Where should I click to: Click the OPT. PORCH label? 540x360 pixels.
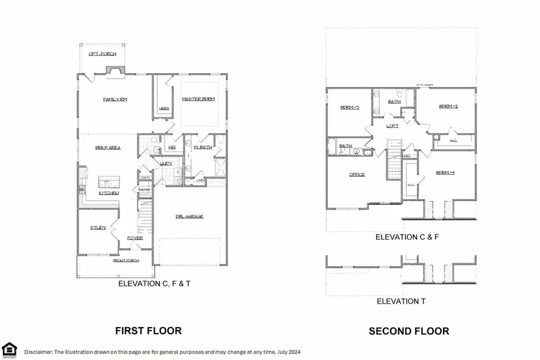(x=102, y=54)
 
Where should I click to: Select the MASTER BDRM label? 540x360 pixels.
(x=198, y=100)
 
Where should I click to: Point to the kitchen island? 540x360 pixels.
(x=109, y=181)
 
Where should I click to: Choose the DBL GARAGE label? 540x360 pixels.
(x=189, y=216)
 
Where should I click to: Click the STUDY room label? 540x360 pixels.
(x=98, y=228)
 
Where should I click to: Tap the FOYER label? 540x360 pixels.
(x=134, y=238)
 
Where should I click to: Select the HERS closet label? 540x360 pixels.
(x=164, y=109)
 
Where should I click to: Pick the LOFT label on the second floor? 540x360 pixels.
(x=392, y=126)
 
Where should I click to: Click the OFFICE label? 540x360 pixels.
(x=358, y=175)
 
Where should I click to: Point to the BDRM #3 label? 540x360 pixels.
(x=350, y=107)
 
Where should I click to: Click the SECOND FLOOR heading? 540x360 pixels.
(x=409, y=331)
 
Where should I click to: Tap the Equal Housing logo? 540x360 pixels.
(x=10, y=349)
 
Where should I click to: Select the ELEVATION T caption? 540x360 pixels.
(x=401, y=301)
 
